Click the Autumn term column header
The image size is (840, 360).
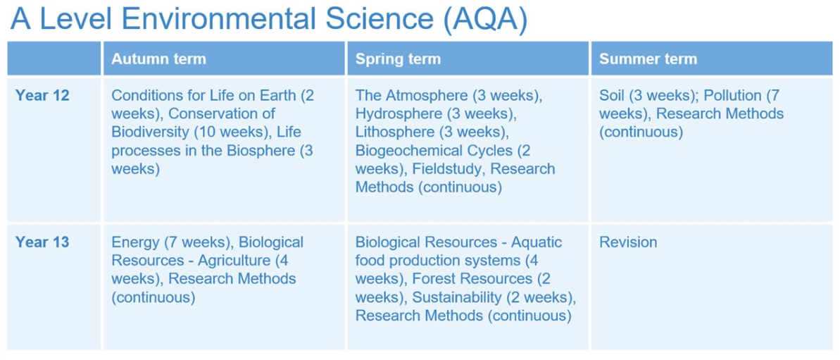coord(158,58)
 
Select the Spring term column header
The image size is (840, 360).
coord(398,58)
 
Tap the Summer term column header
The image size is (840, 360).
coord(648,58)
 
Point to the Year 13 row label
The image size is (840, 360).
coord(42,242)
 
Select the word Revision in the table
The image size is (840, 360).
coord(628,242)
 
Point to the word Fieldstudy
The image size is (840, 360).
coord(449,169)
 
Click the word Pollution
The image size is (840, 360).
coord(732,95)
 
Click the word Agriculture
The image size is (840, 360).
coord(234,261)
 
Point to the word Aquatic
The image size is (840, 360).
coord(537,242)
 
